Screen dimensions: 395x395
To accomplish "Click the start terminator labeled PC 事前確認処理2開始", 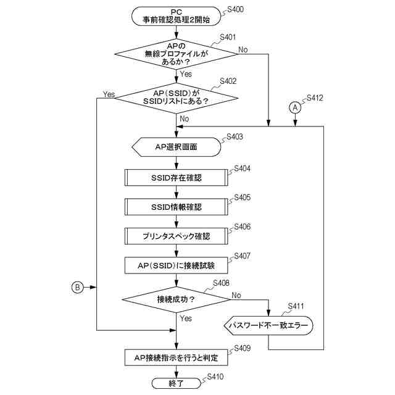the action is [x=176, y=16].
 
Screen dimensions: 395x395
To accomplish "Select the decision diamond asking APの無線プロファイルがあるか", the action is [x=176, y=54].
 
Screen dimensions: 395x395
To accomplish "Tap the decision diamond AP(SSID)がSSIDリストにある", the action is [x=176, y=98].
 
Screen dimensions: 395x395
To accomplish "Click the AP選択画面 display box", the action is [x=176, y=147].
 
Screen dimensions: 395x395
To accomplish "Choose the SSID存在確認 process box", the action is [x=176, y=178].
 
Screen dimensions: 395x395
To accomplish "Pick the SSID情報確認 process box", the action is [x=176, y=207].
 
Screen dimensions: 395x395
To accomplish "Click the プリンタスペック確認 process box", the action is [x=176, y=236].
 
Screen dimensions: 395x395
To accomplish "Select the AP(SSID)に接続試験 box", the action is [x=176, y=265].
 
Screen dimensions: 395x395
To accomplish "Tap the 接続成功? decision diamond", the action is [x=176, y=299].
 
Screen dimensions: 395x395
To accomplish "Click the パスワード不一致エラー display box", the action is [x=268, y=325].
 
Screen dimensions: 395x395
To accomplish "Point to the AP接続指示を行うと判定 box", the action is [x=176, y=357].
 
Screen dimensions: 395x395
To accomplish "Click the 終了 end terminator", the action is [x=176, y=383].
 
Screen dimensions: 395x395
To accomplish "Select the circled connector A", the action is [x=295, y=108].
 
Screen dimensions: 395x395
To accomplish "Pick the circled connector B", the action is [x=77, y=288].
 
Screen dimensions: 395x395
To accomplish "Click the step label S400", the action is [x=235, y=10].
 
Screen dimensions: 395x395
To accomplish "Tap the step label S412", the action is [x=315, y=98].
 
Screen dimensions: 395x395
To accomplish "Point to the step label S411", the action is [x=296, y=306].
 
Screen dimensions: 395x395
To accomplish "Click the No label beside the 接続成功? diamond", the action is [x=236, y=295].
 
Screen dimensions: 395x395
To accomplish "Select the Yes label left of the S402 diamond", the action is [x=109, y=94].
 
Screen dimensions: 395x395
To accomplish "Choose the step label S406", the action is [x=243, y=227].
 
